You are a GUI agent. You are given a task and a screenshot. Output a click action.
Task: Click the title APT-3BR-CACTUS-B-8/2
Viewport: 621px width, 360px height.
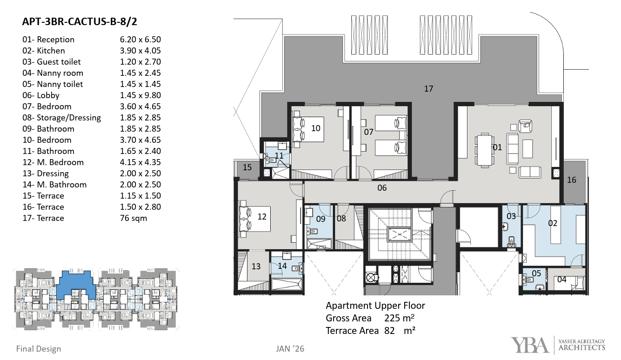[x=80, y=21]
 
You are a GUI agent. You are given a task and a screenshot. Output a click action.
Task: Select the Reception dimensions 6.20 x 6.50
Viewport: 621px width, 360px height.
[x=140, y=40]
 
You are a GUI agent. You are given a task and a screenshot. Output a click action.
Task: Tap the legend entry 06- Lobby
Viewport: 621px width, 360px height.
[x=41, y=95]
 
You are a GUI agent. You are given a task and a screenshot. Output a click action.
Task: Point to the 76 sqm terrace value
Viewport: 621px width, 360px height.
[x=134, y=219]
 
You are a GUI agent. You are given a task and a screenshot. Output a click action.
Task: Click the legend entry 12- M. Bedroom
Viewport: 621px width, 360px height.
[x=53, y=162]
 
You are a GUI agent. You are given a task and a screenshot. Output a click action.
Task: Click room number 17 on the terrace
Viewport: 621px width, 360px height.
[x=428, y=89]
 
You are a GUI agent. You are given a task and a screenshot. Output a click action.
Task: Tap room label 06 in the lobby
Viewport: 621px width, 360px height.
[x=382, y=188]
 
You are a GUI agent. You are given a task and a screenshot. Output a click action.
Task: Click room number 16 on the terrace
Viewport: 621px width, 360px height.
[x=571, y=180]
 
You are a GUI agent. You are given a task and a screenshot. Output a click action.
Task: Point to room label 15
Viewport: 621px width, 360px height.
[x=247, y=167]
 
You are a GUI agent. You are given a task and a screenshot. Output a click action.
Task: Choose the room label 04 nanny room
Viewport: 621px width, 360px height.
[x=561, y=280]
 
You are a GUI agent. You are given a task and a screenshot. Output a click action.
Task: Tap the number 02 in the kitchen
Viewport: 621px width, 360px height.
[x=553, y=223]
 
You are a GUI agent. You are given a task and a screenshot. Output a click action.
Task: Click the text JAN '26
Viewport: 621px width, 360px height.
[x=290, y=349]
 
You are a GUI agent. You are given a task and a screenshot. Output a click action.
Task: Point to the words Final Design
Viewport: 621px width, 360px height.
[x=39, y=349]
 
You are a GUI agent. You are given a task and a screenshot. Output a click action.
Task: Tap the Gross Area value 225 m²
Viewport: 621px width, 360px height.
[x=399, y=318]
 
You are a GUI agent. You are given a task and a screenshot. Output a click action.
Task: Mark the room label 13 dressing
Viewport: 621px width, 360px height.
[x=256, y=267]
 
